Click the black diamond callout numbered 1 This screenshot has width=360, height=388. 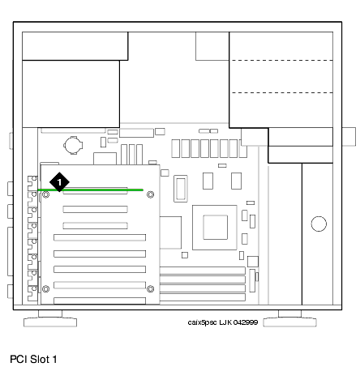pos(59,182)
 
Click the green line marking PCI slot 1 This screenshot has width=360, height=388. pos(90,190)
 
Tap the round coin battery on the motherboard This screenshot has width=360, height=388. pos(73,145)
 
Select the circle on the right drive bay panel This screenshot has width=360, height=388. pos(319,224)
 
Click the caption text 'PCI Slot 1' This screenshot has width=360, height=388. pos(33,360)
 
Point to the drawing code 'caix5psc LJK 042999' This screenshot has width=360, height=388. pos(223,322)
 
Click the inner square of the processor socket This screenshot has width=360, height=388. pos(216,228)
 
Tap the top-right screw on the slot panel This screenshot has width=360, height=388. pos(151,194)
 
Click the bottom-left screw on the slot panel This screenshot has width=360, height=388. pos(45,289)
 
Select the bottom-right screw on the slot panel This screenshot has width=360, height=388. pos(151,289)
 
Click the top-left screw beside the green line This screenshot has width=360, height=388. pos(45,194)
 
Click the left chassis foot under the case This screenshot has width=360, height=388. pos(50,318)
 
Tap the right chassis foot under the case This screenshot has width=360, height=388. pos(289,318)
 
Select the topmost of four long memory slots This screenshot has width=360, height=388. pos(203,271)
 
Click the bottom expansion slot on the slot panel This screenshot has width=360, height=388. pos(100,301)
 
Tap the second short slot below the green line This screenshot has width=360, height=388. pos(95,225)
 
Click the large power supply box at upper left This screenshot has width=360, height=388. pos(71,94)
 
